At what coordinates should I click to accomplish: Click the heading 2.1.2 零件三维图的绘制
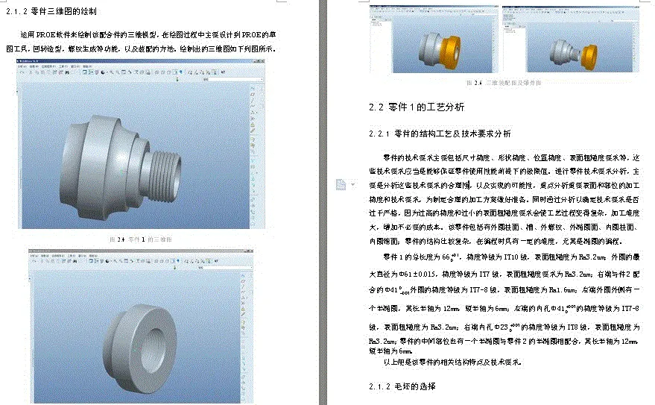point(51,11)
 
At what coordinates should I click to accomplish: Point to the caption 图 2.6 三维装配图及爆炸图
point(507,82)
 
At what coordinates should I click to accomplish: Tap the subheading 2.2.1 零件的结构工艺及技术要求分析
point(440,134)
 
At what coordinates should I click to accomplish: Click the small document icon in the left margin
point(341,184)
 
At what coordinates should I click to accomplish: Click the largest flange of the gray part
point(83,160)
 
